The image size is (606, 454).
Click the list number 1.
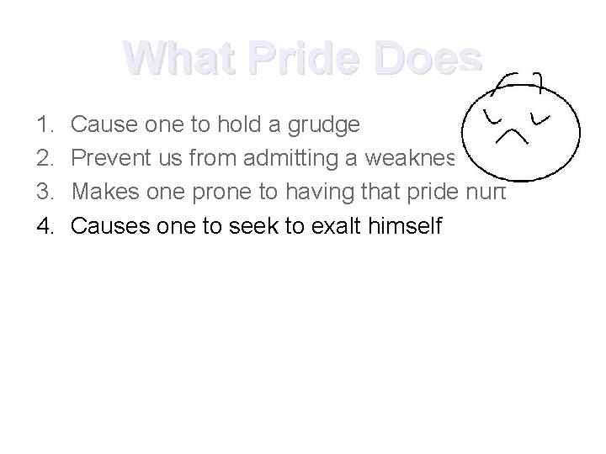(x=45, y=125)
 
